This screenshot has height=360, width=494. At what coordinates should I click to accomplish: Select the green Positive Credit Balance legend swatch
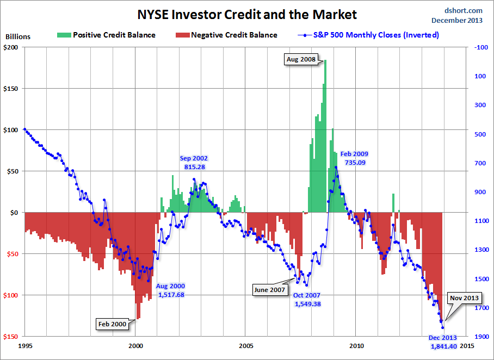point(63,35)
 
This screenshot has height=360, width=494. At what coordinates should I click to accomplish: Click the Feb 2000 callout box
point(112,324)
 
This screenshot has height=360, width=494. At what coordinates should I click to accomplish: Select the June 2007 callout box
point(269,290)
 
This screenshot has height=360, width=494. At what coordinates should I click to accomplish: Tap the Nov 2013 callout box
point(464,297)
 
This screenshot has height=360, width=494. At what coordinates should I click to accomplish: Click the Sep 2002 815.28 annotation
point(194,162)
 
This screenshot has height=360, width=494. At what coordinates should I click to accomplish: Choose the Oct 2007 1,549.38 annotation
point(307,300)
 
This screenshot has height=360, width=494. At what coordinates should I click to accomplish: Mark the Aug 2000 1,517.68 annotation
point(170,290)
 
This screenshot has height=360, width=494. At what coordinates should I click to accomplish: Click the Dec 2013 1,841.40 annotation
point(443,342)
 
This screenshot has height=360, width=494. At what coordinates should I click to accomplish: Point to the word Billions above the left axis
point(18,37)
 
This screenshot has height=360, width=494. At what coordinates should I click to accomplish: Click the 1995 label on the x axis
point(25,345)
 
